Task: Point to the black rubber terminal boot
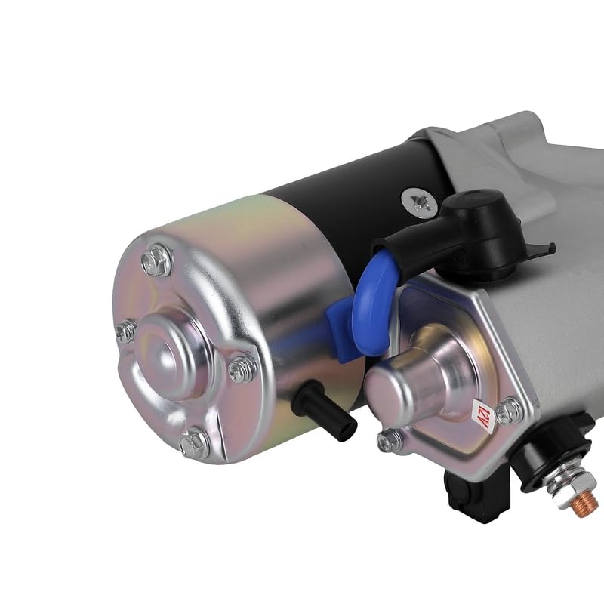[468, 226]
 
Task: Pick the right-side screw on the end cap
[242, 368]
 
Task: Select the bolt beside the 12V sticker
[509, 411]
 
